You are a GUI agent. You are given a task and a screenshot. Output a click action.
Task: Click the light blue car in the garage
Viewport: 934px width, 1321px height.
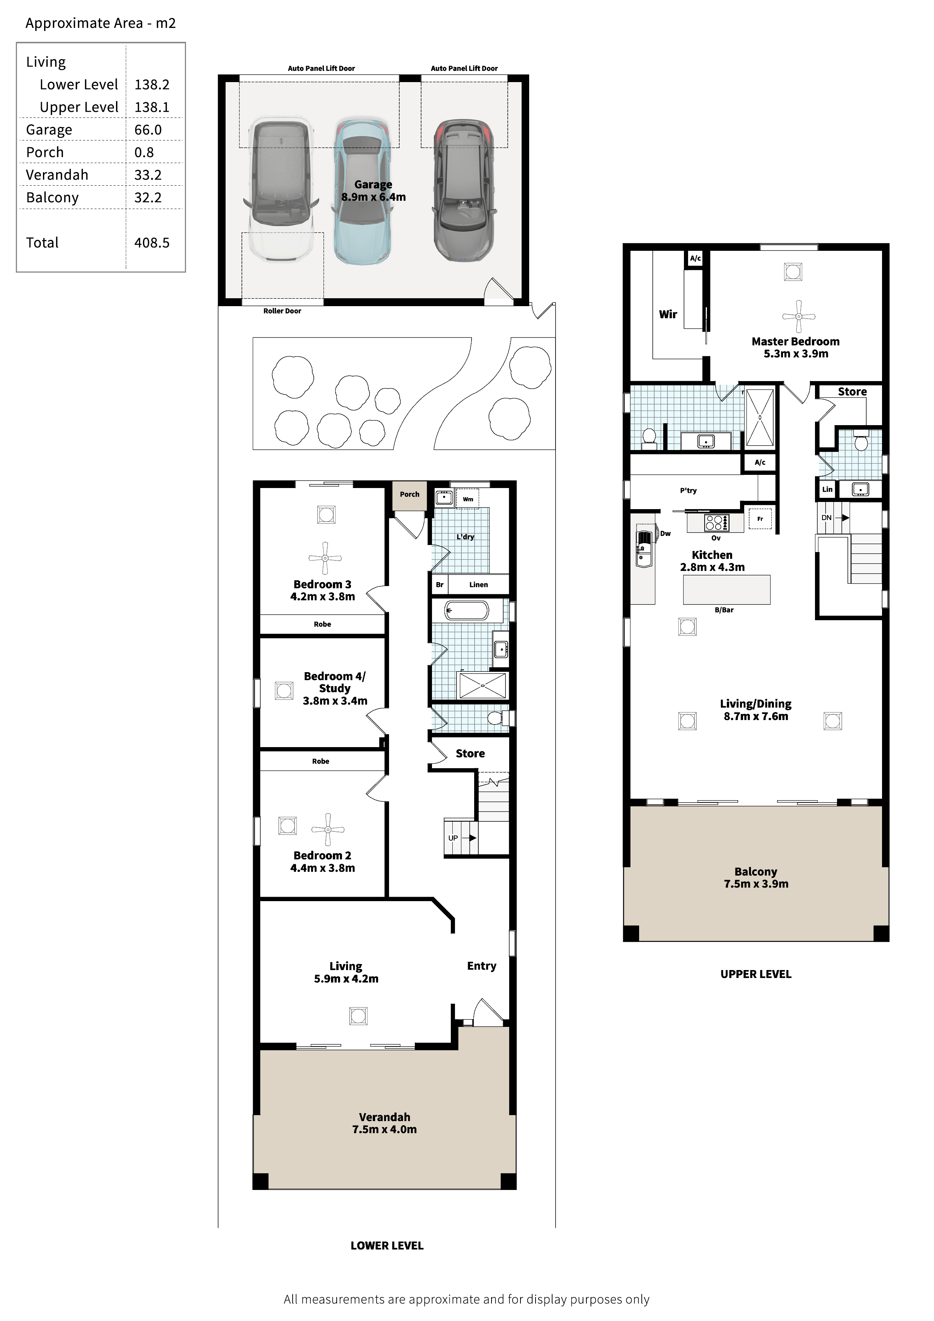pos(363,192)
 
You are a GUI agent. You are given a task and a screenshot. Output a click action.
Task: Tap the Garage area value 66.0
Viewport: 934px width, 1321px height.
pos(148,130)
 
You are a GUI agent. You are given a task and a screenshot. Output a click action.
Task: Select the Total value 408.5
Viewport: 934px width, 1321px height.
pos(152,243)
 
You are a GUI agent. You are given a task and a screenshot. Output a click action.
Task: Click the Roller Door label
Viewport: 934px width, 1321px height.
pos(282,311)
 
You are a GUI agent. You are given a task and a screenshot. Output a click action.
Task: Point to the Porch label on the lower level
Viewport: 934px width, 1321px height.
pos(410,494)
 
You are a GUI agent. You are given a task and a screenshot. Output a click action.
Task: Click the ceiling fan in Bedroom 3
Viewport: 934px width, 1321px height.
pos(325,558)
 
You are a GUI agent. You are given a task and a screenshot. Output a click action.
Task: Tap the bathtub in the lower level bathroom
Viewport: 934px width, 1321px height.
pos(467,610)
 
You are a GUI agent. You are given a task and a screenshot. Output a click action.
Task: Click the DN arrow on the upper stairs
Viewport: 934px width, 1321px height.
pos(842,518)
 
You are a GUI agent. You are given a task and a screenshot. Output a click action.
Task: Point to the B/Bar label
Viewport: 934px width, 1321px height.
pos(724,610)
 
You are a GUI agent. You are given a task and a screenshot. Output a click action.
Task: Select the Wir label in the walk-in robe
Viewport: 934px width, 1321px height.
pos(668,314)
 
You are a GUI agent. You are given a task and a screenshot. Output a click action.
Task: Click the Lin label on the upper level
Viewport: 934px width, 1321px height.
pos(827,489)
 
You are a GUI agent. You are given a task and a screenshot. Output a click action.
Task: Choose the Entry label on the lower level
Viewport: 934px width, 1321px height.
pos(482,966)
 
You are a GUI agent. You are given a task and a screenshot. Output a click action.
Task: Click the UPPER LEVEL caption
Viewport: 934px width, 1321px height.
pos(755,974)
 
